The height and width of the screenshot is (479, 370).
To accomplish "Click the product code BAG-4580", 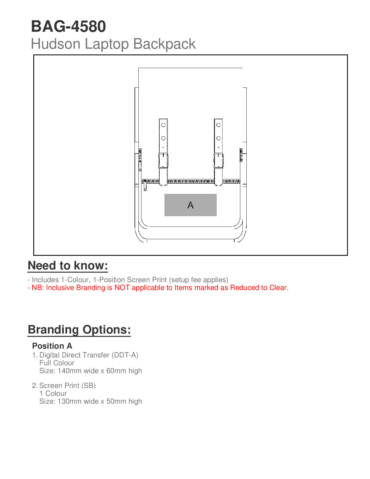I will tap(68, 27).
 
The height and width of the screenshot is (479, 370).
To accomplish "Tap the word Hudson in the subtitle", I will tap(56, 44).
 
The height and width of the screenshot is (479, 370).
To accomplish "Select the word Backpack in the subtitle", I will tap(164, 44).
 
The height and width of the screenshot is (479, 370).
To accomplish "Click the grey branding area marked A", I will tap(190, 205).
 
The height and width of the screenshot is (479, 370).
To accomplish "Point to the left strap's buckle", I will tap(163, 160).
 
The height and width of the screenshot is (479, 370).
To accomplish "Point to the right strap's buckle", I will tap(219, 160).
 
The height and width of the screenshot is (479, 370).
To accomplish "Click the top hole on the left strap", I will tap(163, 125).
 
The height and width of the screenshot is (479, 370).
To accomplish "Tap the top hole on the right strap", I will tap(219, 125).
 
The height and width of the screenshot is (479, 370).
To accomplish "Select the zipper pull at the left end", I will tap(145, 185).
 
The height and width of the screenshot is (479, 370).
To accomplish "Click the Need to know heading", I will tap(68, 266).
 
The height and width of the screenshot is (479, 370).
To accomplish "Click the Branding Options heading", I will tap(79, 330).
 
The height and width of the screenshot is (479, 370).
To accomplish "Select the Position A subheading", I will tap(52, 346).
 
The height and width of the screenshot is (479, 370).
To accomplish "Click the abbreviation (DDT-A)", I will tap(125, 355).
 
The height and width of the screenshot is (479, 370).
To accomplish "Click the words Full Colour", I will tap(57, 363).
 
